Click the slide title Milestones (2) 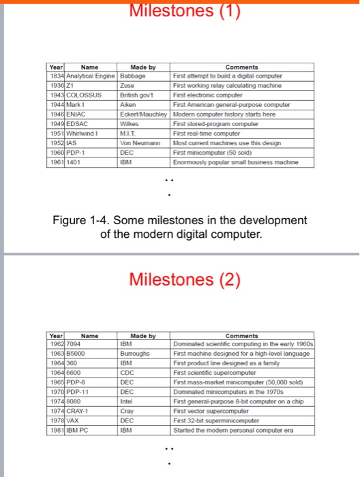pyautogui.click(x=180, y=280)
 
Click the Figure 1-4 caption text pyautogui.click(x=180, y=226)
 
